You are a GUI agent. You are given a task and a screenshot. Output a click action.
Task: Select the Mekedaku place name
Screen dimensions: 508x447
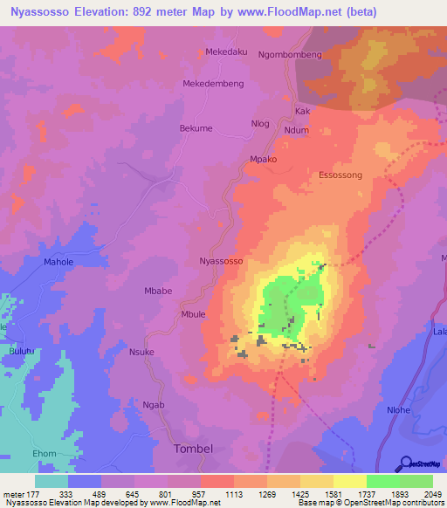(x=226, y=51)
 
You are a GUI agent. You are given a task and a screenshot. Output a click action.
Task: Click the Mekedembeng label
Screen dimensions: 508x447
(x=213, y=84)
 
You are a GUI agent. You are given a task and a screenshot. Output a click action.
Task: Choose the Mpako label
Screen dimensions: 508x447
(x=263, y=160)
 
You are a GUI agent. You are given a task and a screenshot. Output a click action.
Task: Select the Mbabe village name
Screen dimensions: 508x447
(x=158, y=291)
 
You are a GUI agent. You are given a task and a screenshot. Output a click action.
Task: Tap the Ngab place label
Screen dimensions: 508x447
(x=154, y=406)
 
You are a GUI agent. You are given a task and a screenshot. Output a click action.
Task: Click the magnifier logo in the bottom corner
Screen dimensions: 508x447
(x=404, y=463)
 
